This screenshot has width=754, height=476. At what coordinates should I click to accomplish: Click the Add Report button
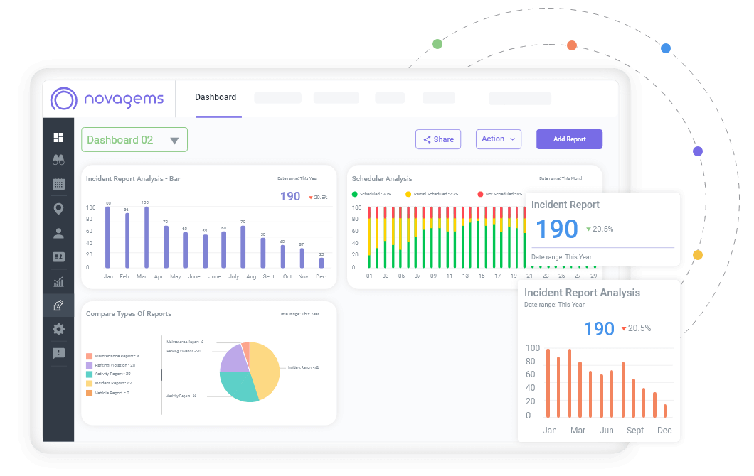[x=569, y=139]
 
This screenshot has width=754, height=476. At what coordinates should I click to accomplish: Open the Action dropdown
[x=498, y=139]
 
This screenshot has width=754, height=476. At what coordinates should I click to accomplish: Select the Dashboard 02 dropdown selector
[x=134, y=140]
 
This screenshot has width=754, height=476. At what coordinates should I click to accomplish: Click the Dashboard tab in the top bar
[x=216, y=97]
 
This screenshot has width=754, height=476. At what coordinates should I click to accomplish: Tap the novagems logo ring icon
[x=63, y=99]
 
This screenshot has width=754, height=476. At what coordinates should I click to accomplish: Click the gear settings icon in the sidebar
[x=58, y=329]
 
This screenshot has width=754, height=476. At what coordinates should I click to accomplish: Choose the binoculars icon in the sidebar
[x=58, y=160]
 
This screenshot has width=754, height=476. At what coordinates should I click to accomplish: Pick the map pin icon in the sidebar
[x=58, y=208]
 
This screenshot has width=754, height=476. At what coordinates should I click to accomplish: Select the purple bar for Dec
[x=322, y=262]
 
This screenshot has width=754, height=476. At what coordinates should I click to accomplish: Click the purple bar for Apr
[x=166, y=246]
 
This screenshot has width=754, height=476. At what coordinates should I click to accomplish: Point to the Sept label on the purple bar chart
[x=268, y=276]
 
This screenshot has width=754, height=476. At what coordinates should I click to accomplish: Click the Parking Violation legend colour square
[x=89, y=365]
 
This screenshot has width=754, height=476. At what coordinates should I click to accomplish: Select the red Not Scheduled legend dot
[x=480, y=194]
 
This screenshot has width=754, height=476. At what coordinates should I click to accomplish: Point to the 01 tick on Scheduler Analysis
[x=369, y=276]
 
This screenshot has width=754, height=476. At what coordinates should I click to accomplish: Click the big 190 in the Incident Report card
[x=556, y=229]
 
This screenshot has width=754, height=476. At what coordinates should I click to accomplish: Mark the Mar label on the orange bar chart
[x=578, y=431]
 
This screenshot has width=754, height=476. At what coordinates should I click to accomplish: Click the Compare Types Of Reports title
[x=129, y=313]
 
